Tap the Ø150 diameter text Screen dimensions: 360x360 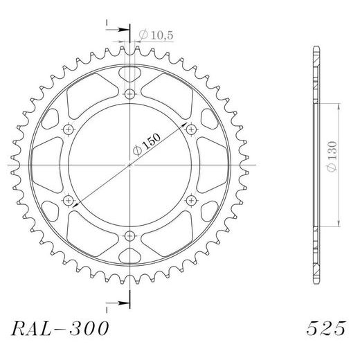click(x=149, y=145)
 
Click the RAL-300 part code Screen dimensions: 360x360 click(x=60, y=328)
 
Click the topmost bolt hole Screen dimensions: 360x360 click(x=130, y=95)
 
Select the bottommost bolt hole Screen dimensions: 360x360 click(x=130, y=235)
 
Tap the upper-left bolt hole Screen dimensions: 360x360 click(x=69, y=129)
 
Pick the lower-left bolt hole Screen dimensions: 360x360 click(x=69, y=201)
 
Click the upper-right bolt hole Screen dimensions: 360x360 click(x=191, y=129)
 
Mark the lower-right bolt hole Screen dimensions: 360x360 click(x=191, y=201)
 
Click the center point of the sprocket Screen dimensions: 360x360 click(x=130, y=165)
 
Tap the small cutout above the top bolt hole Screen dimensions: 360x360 click(x=130, y=73)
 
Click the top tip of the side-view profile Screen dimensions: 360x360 click(x=316, y=47)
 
